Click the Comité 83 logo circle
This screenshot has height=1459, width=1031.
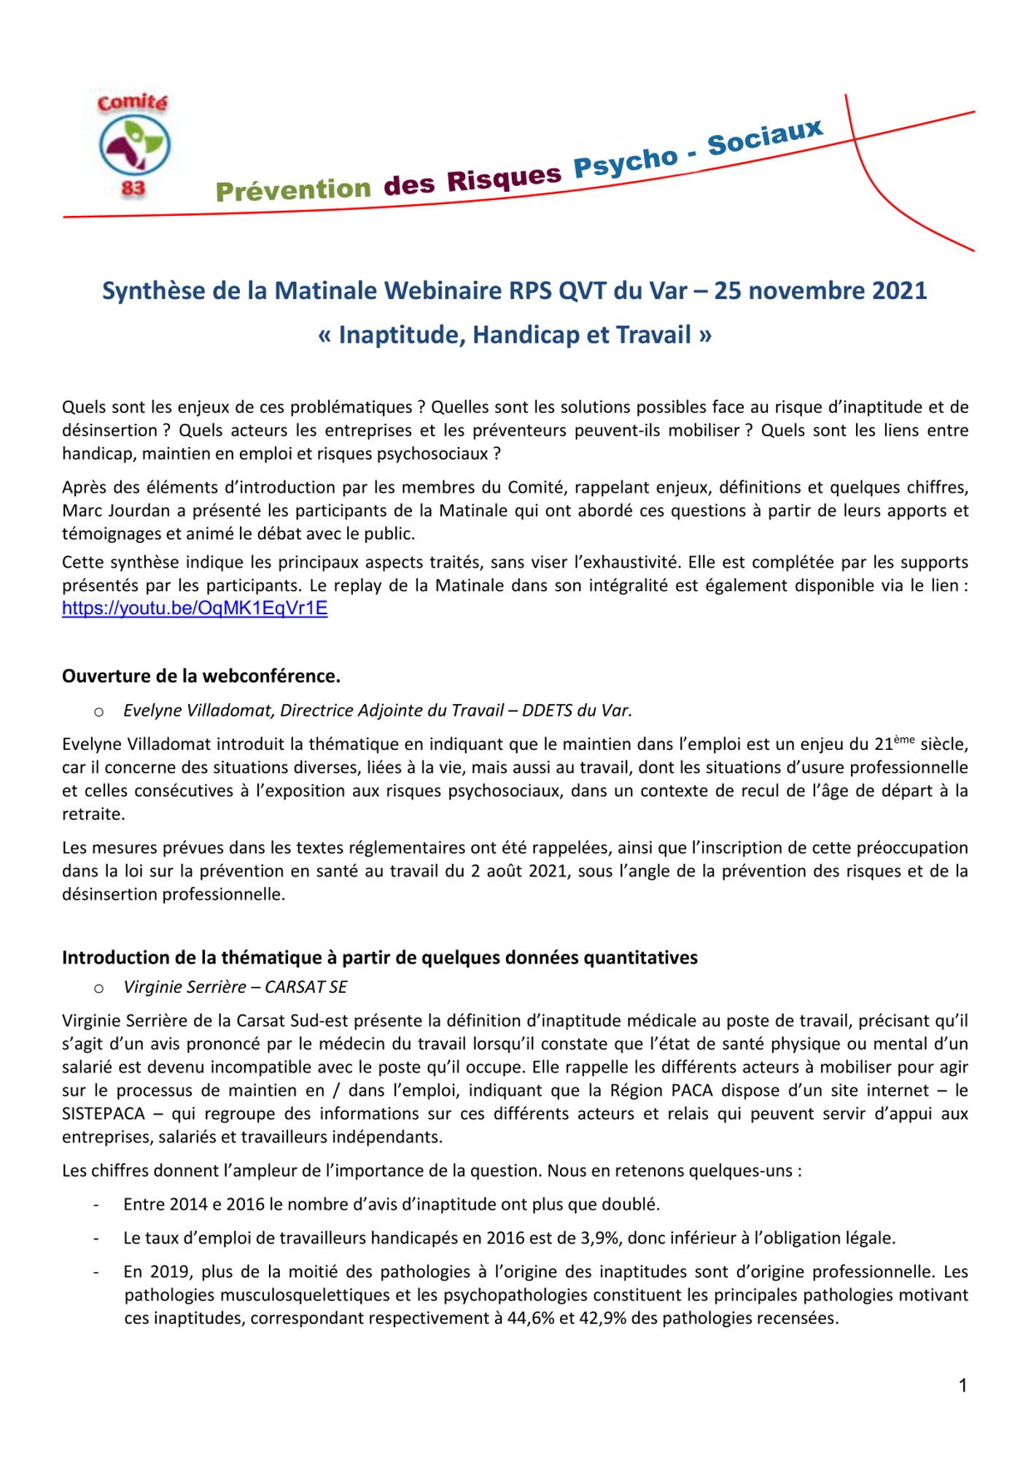(134, 144)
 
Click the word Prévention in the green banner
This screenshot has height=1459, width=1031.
(293, 190)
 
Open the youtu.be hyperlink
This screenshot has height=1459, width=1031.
(195, 608)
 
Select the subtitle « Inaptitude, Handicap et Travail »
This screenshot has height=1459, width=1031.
(515, 335)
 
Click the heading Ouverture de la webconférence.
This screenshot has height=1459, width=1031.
(201, 676)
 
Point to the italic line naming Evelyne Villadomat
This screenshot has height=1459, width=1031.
(377, 711)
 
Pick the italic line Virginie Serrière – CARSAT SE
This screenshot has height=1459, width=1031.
(235, 987)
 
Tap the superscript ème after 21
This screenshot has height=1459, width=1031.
(903, 740)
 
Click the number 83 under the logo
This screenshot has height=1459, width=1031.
(133, 189)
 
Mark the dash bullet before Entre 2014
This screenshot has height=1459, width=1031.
(96, 1205)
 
